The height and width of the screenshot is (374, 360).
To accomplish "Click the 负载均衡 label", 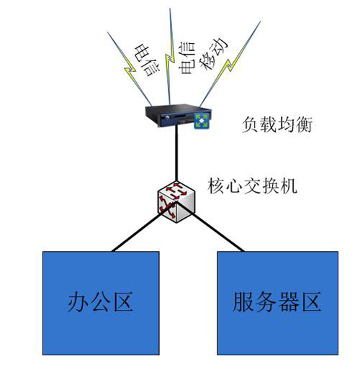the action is pos(277,124).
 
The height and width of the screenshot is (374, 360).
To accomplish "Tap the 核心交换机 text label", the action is pos(252,186).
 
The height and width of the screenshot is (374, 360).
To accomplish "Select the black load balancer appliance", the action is pos(178,116).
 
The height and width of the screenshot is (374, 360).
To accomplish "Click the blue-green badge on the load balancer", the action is pos(202,121).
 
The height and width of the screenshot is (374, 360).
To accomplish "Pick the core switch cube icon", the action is pos(176,202).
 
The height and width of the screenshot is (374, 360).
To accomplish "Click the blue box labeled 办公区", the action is pos(101,303).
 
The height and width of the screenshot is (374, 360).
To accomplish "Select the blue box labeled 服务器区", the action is pos(278,303).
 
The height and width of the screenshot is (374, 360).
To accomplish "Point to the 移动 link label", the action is pos(214,54).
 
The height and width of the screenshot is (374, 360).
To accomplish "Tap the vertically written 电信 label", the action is pos(186,58).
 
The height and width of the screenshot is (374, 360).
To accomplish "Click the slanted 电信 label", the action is pos(147,60).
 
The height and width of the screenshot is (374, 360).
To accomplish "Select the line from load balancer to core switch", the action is pos(176,155).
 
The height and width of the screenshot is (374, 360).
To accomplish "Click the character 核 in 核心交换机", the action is pos(216,186).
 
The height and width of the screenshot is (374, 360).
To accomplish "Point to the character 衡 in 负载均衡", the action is pos(304,124).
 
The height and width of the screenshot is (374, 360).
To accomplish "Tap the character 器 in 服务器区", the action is pos(289,302).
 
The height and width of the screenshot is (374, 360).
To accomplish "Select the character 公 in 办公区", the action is pos(101,302).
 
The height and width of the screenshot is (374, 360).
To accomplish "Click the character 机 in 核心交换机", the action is pos(289,186).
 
